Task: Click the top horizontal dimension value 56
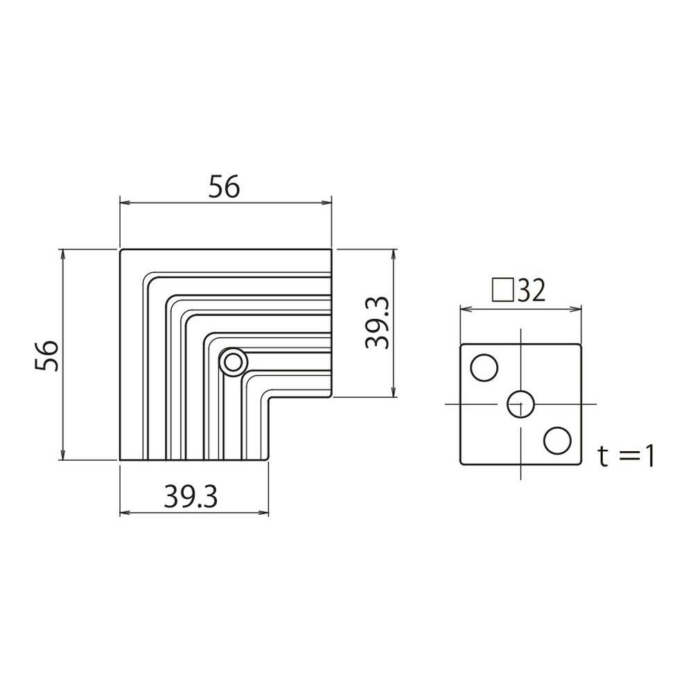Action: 224,186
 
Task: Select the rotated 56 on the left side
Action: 46,355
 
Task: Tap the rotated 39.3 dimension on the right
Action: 377,323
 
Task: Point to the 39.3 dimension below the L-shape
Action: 191,496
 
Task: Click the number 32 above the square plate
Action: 531,291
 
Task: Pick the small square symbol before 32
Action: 503,290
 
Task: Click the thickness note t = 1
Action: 626,456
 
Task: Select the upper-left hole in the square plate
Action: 484,367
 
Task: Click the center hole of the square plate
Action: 520,404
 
